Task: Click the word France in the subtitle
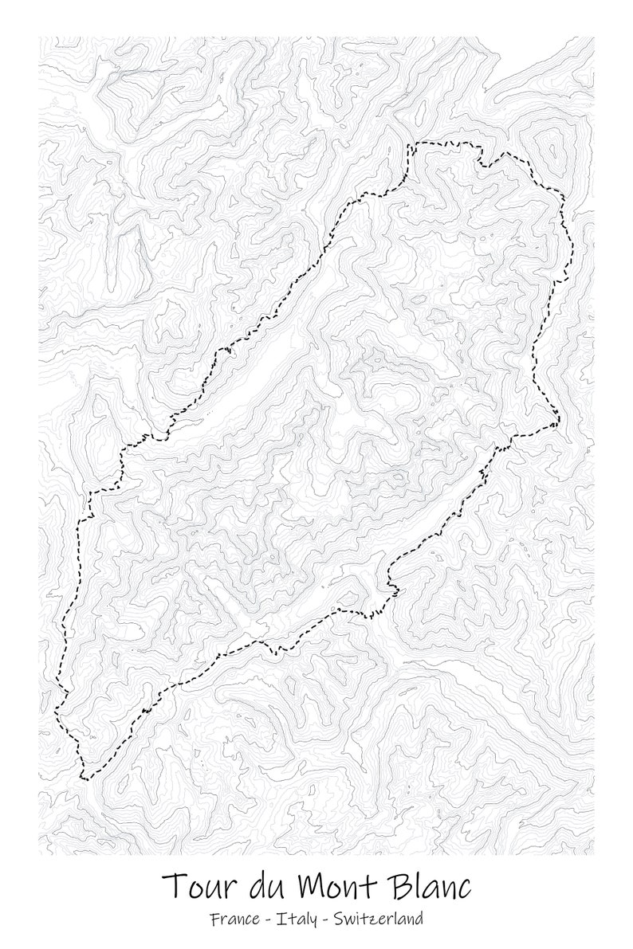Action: point(235,920)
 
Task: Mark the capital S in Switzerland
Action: point(339,920)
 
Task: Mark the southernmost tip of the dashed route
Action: point(84,778)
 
